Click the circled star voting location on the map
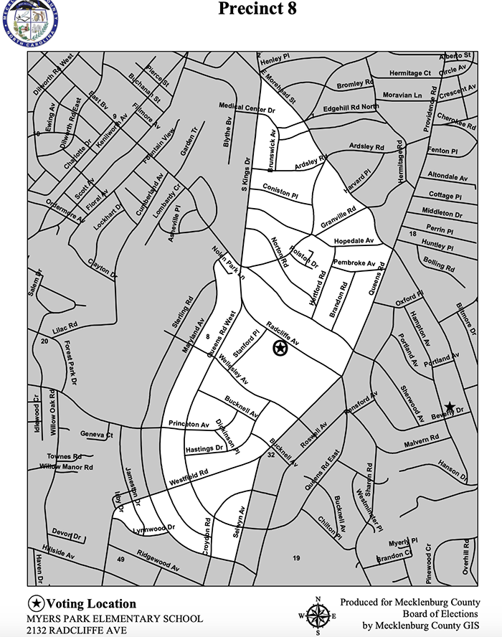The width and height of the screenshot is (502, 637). tap(280, 349)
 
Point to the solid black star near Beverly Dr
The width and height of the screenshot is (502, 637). tap(449, 407)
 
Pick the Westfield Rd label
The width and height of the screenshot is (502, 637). tap(189, 476)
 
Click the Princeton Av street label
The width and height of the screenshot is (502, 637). tap(189, 424)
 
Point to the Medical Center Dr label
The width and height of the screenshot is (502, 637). tap(247, 109)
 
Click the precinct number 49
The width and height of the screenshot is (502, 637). tap(120, 559)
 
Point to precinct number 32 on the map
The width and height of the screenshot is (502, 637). tap(271, 456)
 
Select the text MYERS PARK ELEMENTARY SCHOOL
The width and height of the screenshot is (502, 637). tap(115, 618)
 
